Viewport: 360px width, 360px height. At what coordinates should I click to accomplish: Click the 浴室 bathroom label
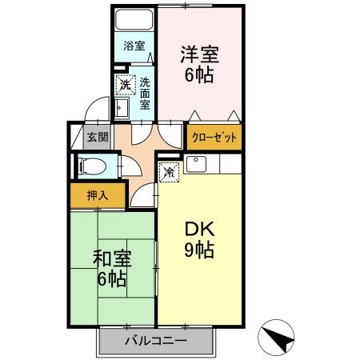tap(134, 46)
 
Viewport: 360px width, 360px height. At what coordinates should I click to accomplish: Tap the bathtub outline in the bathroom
tap(134, 22)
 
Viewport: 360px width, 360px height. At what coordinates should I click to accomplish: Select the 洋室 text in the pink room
tap(199, 56)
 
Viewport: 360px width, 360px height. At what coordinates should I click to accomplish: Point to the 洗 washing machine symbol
tap(125, 84)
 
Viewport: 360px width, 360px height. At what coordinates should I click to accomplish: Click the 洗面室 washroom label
tap(146, 92)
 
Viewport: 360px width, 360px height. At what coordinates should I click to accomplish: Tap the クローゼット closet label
tap(214, 137)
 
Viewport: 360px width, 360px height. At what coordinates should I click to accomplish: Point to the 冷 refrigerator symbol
tap(169, 171)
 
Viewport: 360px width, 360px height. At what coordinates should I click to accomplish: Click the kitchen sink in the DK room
tap(196, 166)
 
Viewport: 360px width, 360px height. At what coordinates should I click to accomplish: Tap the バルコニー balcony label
tap(156, 342)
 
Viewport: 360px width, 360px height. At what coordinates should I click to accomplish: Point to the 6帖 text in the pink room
tap(199, 78)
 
